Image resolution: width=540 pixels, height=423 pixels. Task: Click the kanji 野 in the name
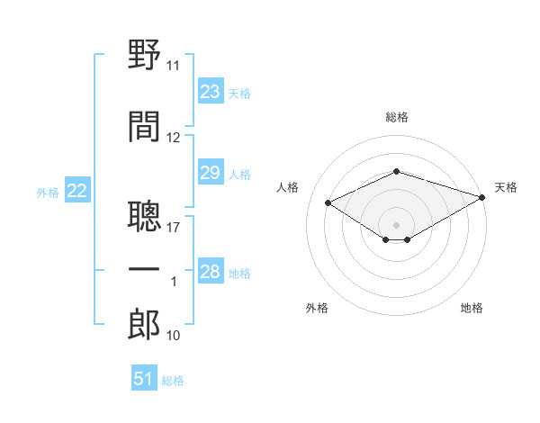144,54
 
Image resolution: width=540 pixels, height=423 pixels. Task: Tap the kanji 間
144,126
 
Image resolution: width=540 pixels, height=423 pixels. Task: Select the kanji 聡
144,216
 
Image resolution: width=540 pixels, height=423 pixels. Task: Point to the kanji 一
144,269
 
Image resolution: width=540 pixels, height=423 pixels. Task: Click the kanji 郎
144,324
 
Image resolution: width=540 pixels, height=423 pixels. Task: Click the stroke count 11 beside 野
173,66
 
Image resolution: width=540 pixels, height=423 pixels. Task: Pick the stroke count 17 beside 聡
173,228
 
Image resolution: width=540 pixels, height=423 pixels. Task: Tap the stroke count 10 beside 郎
173,335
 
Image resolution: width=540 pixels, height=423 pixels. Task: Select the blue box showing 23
211,91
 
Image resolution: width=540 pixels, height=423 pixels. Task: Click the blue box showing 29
211,172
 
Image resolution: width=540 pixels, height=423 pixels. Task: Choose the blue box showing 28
211,270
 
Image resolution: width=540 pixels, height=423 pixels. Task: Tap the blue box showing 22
77,190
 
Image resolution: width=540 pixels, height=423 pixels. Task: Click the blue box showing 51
144,377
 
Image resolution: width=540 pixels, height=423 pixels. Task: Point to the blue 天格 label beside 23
239,94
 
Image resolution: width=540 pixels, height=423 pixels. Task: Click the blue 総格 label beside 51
173,381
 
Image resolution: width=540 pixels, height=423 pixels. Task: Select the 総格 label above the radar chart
397,117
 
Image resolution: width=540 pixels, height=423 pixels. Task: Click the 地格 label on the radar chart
472,308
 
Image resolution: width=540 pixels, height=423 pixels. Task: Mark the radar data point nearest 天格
482,197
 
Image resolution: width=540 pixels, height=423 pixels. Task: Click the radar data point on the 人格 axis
328,202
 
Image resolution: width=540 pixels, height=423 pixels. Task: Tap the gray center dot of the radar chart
396,225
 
